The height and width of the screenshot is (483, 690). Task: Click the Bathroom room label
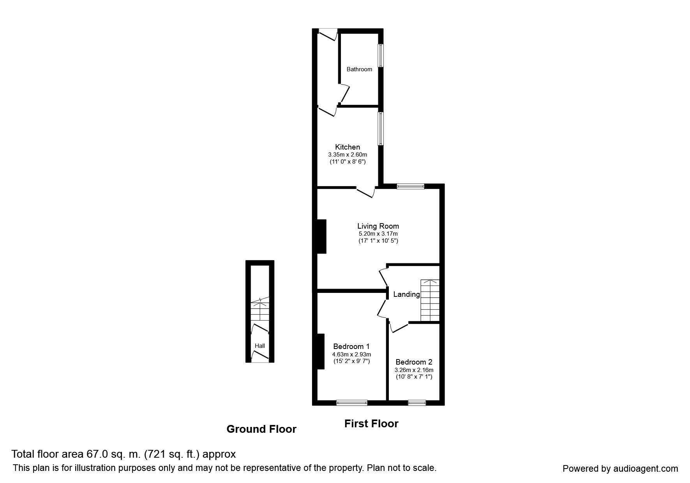pos(359,69)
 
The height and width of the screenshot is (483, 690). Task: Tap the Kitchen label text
pos(348,147)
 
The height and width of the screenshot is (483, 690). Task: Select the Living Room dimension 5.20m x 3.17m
pos(378,234)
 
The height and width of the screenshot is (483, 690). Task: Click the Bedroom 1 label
pos(351,346)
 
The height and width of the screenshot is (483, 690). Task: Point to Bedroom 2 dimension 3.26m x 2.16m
pos(414,370)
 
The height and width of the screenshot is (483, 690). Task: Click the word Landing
pos(406,294)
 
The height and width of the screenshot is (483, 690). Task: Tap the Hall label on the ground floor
pos(260,346)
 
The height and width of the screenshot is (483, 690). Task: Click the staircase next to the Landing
pos(430,300)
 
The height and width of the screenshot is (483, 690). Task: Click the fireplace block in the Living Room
pos(321,236)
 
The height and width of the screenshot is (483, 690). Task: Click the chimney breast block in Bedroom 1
pos(320,351)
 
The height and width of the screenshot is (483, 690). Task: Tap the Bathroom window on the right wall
pos(381,56)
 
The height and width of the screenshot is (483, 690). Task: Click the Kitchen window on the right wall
pos(381,129)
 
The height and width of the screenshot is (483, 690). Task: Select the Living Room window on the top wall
pos(411,187)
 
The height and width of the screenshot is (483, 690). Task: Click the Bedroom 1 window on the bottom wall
pos(352,402)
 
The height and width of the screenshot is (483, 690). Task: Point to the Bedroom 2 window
pos(417,402)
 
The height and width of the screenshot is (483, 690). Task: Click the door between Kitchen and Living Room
pos(365,192)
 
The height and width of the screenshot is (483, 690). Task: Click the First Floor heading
pos(371,423)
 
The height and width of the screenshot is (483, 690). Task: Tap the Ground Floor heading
pos(261,429)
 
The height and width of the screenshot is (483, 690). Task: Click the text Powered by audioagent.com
pos(620,469)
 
